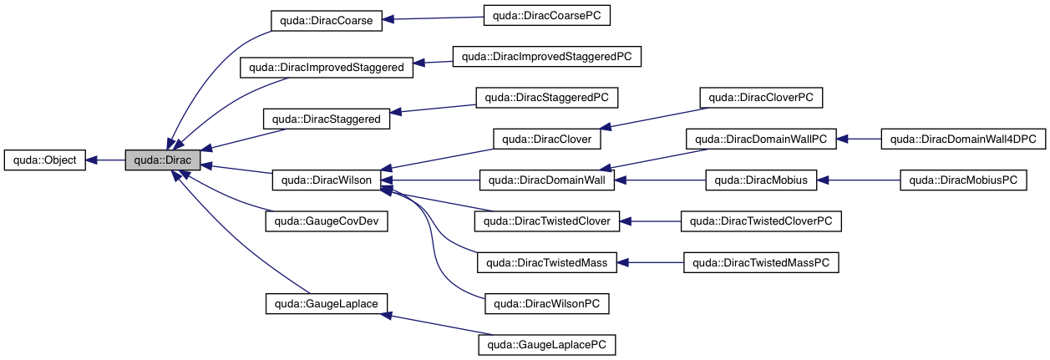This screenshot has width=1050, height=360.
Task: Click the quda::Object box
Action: pyautogui.click(x=45, y=160)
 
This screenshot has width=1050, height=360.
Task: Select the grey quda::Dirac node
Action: pyautogui.click(x=163, y=160)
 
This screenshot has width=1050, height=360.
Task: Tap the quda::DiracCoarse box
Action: pyautogui.click(x=327, y=22)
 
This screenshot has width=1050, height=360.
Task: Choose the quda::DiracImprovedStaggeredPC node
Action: pyautogui.click(x=546, y=57)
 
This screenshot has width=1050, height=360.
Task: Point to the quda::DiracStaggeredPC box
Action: pyautogui.click(x=546, y=97)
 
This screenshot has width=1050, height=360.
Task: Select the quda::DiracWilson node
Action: pyautogui.click(x=327, y=180)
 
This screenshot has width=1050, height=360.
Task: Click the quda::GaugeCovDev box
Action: pyautogui.click(x=327, y=221)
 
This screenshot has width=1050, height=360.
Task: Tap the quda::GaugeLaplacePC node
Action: pyautogui.click(x=546, y=344)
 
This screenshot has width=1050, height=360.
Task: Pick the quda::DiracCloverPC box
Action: pyautogui.click(x=761, y=97)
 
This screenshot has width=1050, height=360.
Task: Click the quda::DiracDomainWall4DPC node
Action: pyautogui.click(x=963, y=139)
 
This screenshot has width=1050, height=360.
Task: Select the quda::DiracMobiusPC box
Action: pyautogui.click(x=963, y=180)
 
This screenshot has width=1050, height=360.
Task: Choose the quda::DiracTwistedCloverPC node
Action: pyautogui.click(x=761, y=221)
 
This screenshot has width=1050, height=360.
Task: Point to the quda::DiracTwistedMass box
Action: pyautogui.click(x=546, y=262)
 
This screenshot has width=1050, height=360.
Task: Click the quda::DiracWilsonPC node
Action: pyautogui.click(x=546, y=303)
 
